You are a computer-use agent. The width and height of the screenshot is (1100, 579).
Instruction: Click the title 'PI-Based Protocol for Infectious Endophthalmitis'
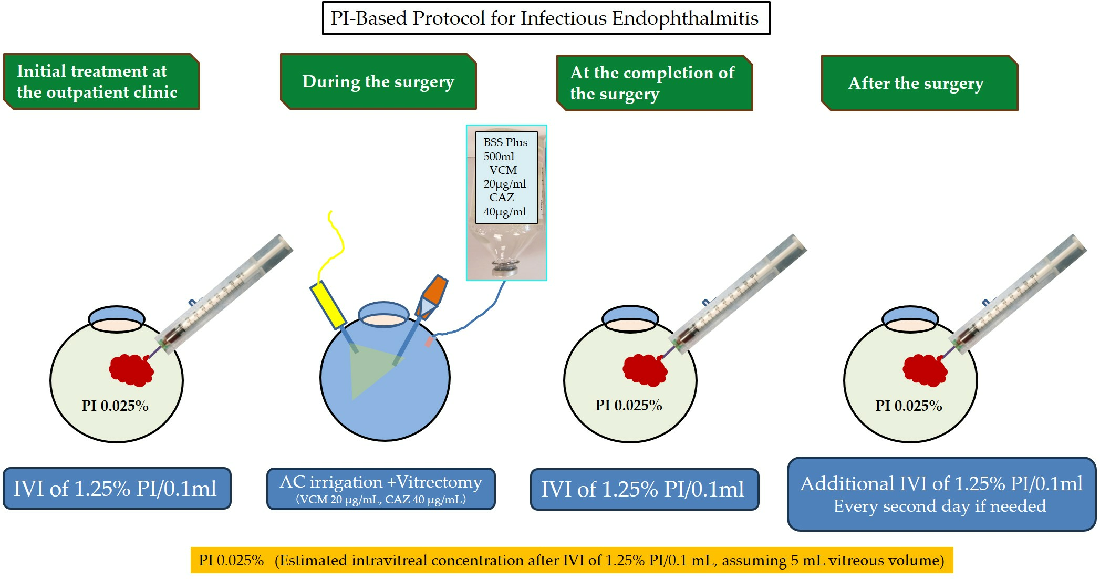[x=546, y=18]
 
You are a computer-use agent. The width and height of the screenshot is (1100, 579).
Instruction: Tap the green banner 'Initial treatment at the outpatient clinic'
[x=102, y=81]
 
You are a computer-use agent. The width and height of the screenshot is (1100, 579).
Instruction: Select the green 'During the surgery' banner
[x=378, y=81]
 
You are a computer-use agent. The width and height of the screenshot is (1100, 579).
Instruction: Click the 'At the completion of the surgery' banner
[x=655, y=83]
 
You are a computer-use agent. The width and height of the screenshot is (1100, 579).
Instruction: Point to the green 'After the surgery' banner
[x=920, y=83]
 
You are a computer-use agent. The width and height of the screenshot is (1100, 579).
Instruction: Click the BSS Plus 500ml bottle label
[x=506, y=177]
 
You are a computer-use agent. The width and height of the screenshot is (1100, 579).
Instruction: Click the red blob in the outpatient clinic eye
[x=131, y=370]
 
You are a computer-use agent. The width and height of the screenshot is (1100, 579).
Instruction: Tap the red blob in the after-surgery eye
[x=925, y=370]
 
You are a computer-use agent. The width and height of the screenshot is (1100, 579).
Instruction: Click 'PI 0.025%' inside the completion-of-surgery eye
[x=629, y=405]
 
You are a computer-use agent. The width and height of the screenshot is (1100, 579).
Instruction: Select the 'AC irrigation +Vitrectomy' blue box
[x=381, y=489]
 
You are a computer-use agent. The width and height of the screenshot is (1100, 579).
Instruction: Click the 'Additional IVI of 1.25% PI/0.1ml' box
[x=941, y=494]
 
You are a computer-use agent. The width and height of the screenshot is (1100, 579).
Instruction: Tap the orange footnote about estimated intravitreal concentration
[x=572, y=560]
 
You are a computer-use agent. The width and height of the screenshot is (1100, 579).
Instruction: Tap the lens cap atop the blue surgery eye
[x=383, y=315]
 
